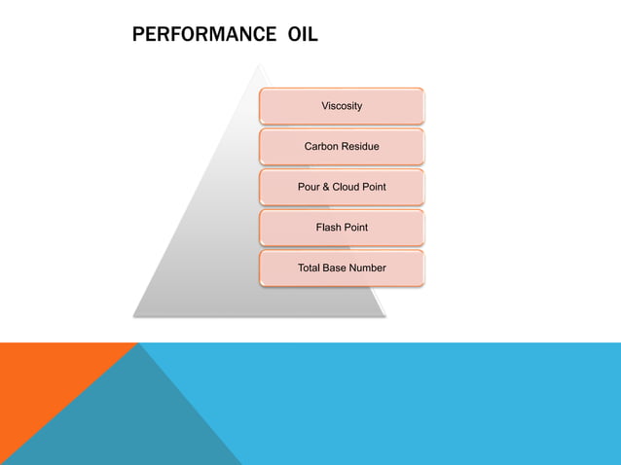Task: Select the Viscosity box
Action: coord(342,105)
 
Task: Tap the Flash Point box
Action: coord(342,227)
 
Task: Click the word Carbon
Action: coord(322,147)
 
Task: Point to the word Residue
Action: coord(361,147)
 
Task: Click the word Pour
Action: coord(309,187)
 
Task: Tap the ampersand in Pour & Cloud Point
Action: coord(326,187)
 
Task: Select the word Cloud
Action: coord(346,187)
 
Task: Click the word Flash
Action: coord(328,228)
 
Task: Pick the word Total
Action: coord(310,268)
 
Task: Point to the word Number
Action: coord(368,268)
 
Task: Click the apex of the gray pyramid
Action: coord(259,66)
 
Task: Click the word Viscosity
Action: coord(342,106)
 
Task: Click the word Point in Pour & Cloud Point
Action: coord(374,187)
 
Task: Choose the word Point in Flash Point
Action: coord(355,228)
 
